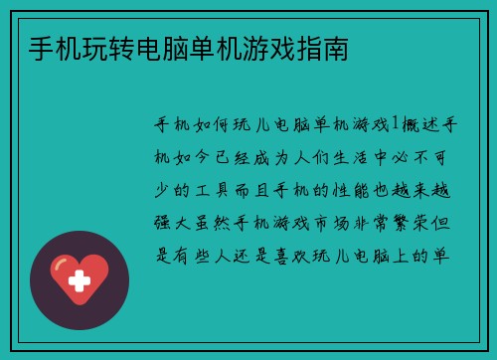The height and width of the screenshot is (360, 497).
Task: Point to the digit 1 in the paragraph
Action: click(x=397, y=124)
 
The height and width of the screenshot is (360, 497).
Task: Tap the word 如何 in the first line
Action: click(x=211, y=124)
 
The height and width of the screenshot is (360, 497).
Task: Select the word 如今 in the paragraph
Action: click(x=189, y=156)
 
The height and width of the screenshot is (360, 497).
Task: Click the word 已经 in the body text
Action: click(x=232, y=156)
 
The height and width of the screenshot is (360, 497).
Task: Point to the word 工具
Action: click(x=211, y=189)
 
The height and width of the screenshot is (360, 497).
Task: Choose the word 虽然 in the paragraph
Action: click(x=211, y=222)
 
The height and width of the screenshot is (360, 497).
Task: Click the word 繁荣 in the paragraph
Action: click(x=420, y=222)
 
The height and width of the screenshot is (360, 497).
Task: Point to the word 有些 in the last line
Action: click(x=189, y=255)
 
